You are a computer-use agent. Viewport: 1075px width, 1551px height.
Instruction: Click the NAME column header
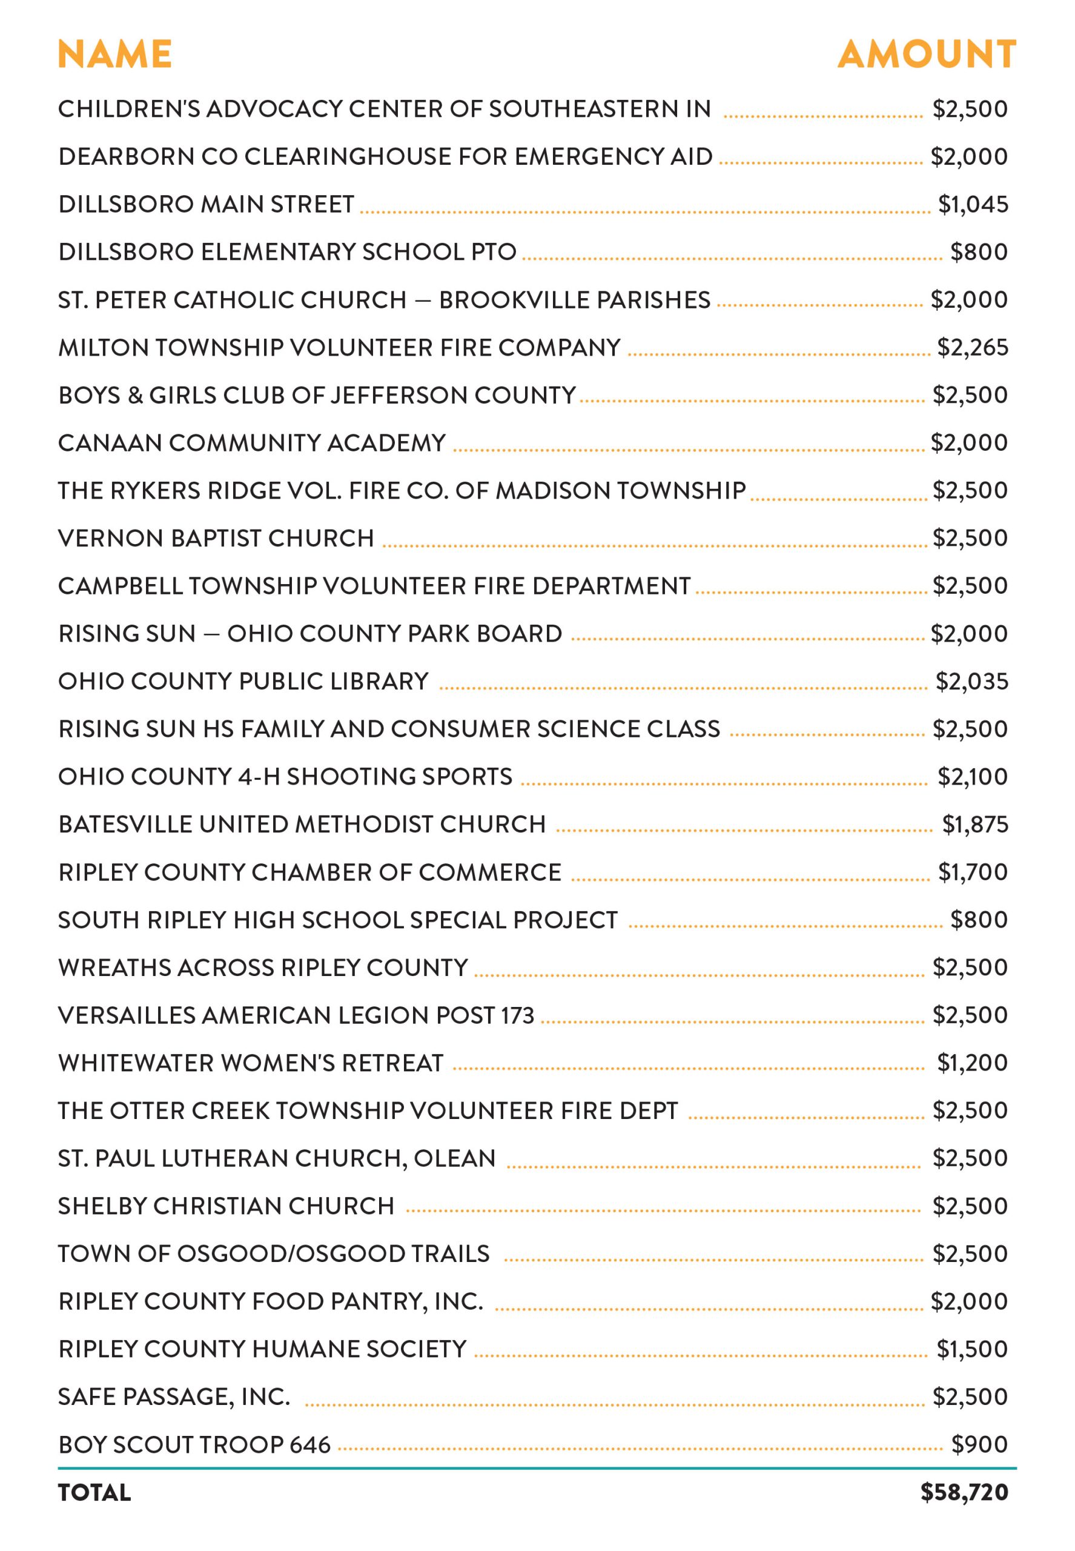tap(115, 55)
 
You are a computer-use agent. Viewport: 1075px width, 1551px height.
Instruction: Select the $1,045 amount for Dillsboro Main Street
tap(973, 204)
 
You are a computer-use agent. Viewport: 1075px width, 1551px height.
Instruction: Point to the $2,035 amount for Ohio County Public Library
tap(971, 682)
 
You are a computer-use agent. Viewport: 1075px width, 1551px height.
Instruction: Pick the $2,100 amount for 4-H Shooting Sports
tap(972, 777)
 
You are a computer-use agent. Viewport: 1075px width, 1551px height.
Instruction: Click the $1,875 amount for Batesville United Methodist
tap(974, 825)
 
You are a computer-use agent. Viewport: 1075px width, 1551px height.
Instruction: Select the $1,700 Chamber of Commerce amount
tap(972, 872)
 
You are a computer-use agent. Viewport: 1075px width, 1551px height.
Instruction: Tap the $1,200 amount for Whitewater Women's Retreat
tap(972, 1063)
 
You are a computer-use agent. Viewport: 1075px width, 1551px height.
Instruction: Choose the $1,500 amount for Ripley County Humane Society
tap(971, 1349)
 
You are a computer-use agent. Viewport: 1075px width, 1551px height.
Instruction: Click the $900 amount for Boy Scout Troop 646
tap(979, 1444)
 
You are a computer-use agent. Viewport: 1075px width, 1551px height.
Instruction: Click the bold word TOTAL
tap(94, 1493)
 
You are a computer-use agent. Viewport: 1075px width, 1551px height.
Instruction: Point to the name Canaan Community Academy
tap(252, 443)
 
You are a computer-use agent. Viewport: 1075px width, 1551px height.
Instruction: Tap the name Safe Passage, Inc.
tap(174, 1397)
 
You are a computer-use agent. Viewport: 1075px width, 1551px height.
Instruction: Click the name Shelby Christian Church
tap(226, 1206)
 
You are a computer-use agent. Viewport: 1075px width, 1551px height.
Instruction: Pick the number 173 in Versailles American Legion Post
tap(517, 1015)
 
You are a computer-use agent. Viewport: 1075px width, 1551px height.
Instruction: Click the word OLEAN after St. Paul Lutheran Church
tap(455, 1159)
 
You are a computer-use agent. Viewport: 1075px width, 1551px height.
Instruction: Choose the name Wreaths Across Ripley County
tap(263, 968)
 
